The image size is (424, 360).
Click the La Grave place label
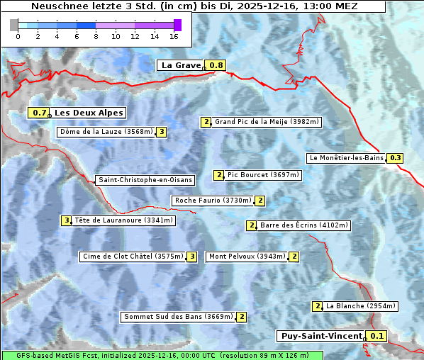click(181, 65)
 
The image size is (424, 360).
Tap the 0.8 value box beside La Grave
click(216, 65)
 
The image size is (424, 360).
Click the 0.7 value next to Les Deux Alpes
click(39, 113)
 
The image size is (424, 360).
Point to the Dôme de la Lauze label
click(106, 132)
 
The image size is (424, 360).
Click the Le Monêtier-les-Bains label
click(345, 158)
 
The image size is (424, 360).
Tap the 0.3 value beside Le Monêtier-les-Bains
click(396, 158)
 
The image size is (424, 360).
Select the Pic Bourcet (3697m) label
click(264, 175)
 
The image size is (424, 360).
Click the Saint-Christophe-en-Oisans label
click(145, 180)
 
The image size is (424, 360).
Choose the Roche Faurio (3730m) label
click(213, 201)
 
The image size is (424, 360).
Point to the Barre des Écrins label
click(304, 225)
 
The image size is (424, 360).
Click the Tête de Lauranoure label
click(123, 220)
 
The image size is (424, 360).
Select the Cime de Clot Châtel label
click(133, 257)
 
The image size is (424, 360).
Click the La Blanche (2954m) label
click(360, 306)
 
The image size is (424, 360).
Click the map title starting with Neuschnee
click(194, 6)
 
